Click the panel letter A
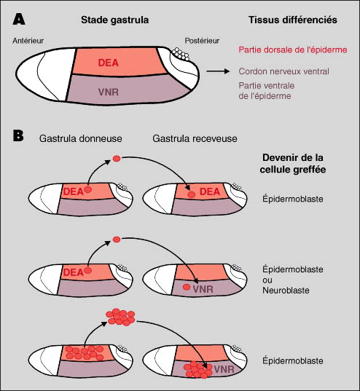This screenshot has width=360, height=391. click(x=19, y=19)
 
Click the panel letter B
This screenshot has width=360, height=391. click(x=18, y=136)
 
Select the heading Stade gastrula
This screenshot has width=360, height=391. click(x=115, y=20)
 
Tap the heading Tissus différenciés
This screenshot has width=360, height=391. click(x=293, y=20)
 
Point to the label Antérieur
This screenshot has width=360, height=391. click(x=28, y=41)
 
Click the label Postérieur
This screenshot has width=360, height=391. click(x=202, y=41)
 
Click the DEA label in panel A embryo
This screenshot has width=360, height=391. click(x=108, y=63)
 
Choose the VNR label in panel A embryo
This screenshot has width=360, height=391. click(x=108, y=92)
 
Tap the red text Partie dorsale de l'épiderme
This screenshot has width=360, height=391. click(x=293, y=50)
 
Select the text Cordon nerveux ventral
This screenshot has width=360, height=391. click(x=283, y=71)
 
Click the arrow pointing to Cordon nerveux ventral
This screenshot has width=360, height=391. click(x=218, y=71)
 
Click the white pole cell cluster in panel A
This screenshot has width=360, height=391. click(x=181, y=54)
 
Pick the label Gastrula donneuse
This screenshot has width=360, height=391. click(x=80, y=138)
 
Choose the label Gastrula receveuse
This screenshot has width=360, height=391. click(x=195, y=138)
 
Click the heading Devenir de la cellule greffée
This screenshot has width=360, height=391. click(x=293, y=164)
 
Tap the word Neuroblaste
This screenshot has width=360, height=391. click(x=286, y=291)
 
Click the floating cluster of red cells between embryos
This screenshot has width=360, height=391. click(x=120, y=317)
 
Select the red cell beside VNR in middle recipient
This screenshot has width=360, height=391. click(x=187, y=287)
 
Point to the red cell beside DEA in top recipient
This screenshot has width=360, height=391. click(x=191, y=194)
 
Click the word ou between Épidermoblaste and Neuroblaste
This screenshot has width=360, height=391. click(x=267, y=280)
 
